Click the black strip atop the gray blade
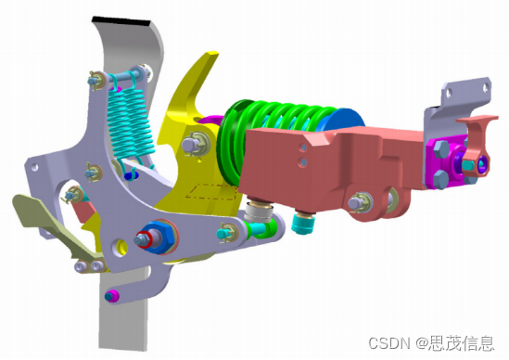pyautogui.click(x=121, y=21)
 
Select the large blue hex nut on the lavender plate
pyautogui.click(x=159, y=237)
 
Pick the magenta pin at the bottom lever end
pyautogui.click(x=112, y=296)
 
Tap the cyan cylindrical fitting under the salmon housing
pyautogui.click(x=303, y=222)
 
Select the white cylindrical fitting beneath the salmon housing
pyautogui.click(x=259, y=212)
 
